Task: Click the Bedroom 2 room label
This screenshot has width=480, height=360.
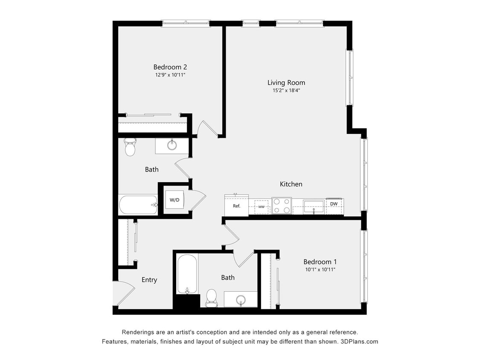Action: [x=170, y=67]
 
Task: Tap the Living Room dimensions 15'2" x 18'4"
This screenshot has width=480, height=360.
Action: [x=286, y=90]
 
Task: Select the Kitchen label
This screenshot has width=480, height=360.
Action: [x=291, y=184]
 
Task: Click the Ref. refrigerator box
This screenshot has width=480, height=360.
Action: [x=236, y=206]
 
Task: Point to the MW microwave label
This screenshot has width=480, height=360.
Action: [x=261, y=206]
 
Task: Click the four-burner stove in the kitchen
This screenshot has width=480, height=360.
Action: [x=281, y=206]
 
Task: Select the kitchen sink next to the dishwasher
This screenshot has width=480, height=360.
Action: [x=314, y=207]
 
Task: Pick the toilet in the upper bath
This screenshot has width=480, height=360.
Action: [x=130, y=147]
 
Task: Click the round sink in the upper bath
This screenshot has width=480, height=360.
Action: [x=172, y=145]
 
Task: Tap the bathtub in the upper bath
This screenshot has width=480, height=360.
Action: [x=138, y=205]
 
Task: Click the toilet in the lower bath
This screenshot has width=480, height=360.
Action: [x=212, y=297]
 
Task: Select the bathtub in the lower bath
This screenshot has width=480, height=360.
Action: [x=187, y=274]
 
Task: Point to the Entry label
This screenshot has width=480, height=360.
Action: [x=149, y=280]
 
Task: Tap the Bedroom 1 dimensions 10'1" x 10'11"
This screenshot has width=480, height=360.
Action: [x=317, y=270]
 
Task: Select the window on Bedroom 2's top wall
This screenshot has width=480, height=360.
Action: [x=186, y=23]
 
